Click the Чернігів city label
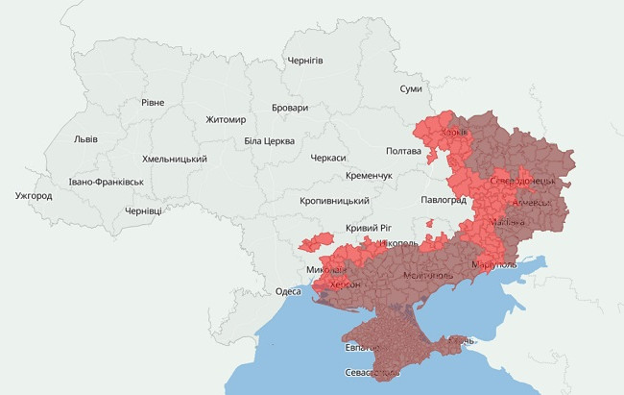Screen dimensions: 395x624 pyautogui.click(x=305, y=61)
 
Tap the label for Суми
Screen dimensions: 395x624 pyautogui.click(x=411, y=88)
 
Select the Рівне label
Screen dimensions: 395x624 pyautogui.click(x=153, y=103)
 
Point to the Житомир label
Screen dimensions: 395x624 pyautogui.click(x=226, y=120)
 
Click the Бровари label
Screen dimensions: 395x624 pyautogui.click(x=290, y=109)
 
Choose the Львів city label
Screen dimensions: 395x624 pyautogui.click(x=85, y=139)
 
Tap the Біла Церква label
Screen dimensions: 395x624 pyautogui.click(x=269, y=141)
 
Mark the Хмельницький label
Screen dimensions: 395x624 pyautogui.click(x=175, y=159)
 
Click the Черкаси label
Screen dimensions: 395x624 pyautogui.click(x=328, y=158)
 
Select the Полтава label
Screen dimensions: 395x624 pyautogui.click(x=403, y=151)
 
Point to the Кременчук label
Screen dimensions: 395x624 pyautogui.click(x=370, y=177)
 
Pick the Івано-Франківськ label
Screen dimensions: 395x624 pyautogui.click(x=106, y=182)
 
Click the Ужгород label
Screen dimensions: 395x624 pyautogui.click(x=34, y=196)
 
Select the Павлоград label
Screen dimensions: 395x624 pyautogui.click(x=443, y=200)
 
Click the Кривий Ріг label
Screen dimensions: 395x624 pyautogui.click(x=369, y=228)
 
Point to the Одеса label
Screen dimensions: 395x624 pyautogui.click(x=288, y=291)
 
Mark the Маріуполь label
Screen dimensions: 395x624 pyautogui.click(x=494, y=264)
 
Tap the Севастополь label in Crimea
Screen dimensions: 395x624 pyautogui.click(x=372, y=372)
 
